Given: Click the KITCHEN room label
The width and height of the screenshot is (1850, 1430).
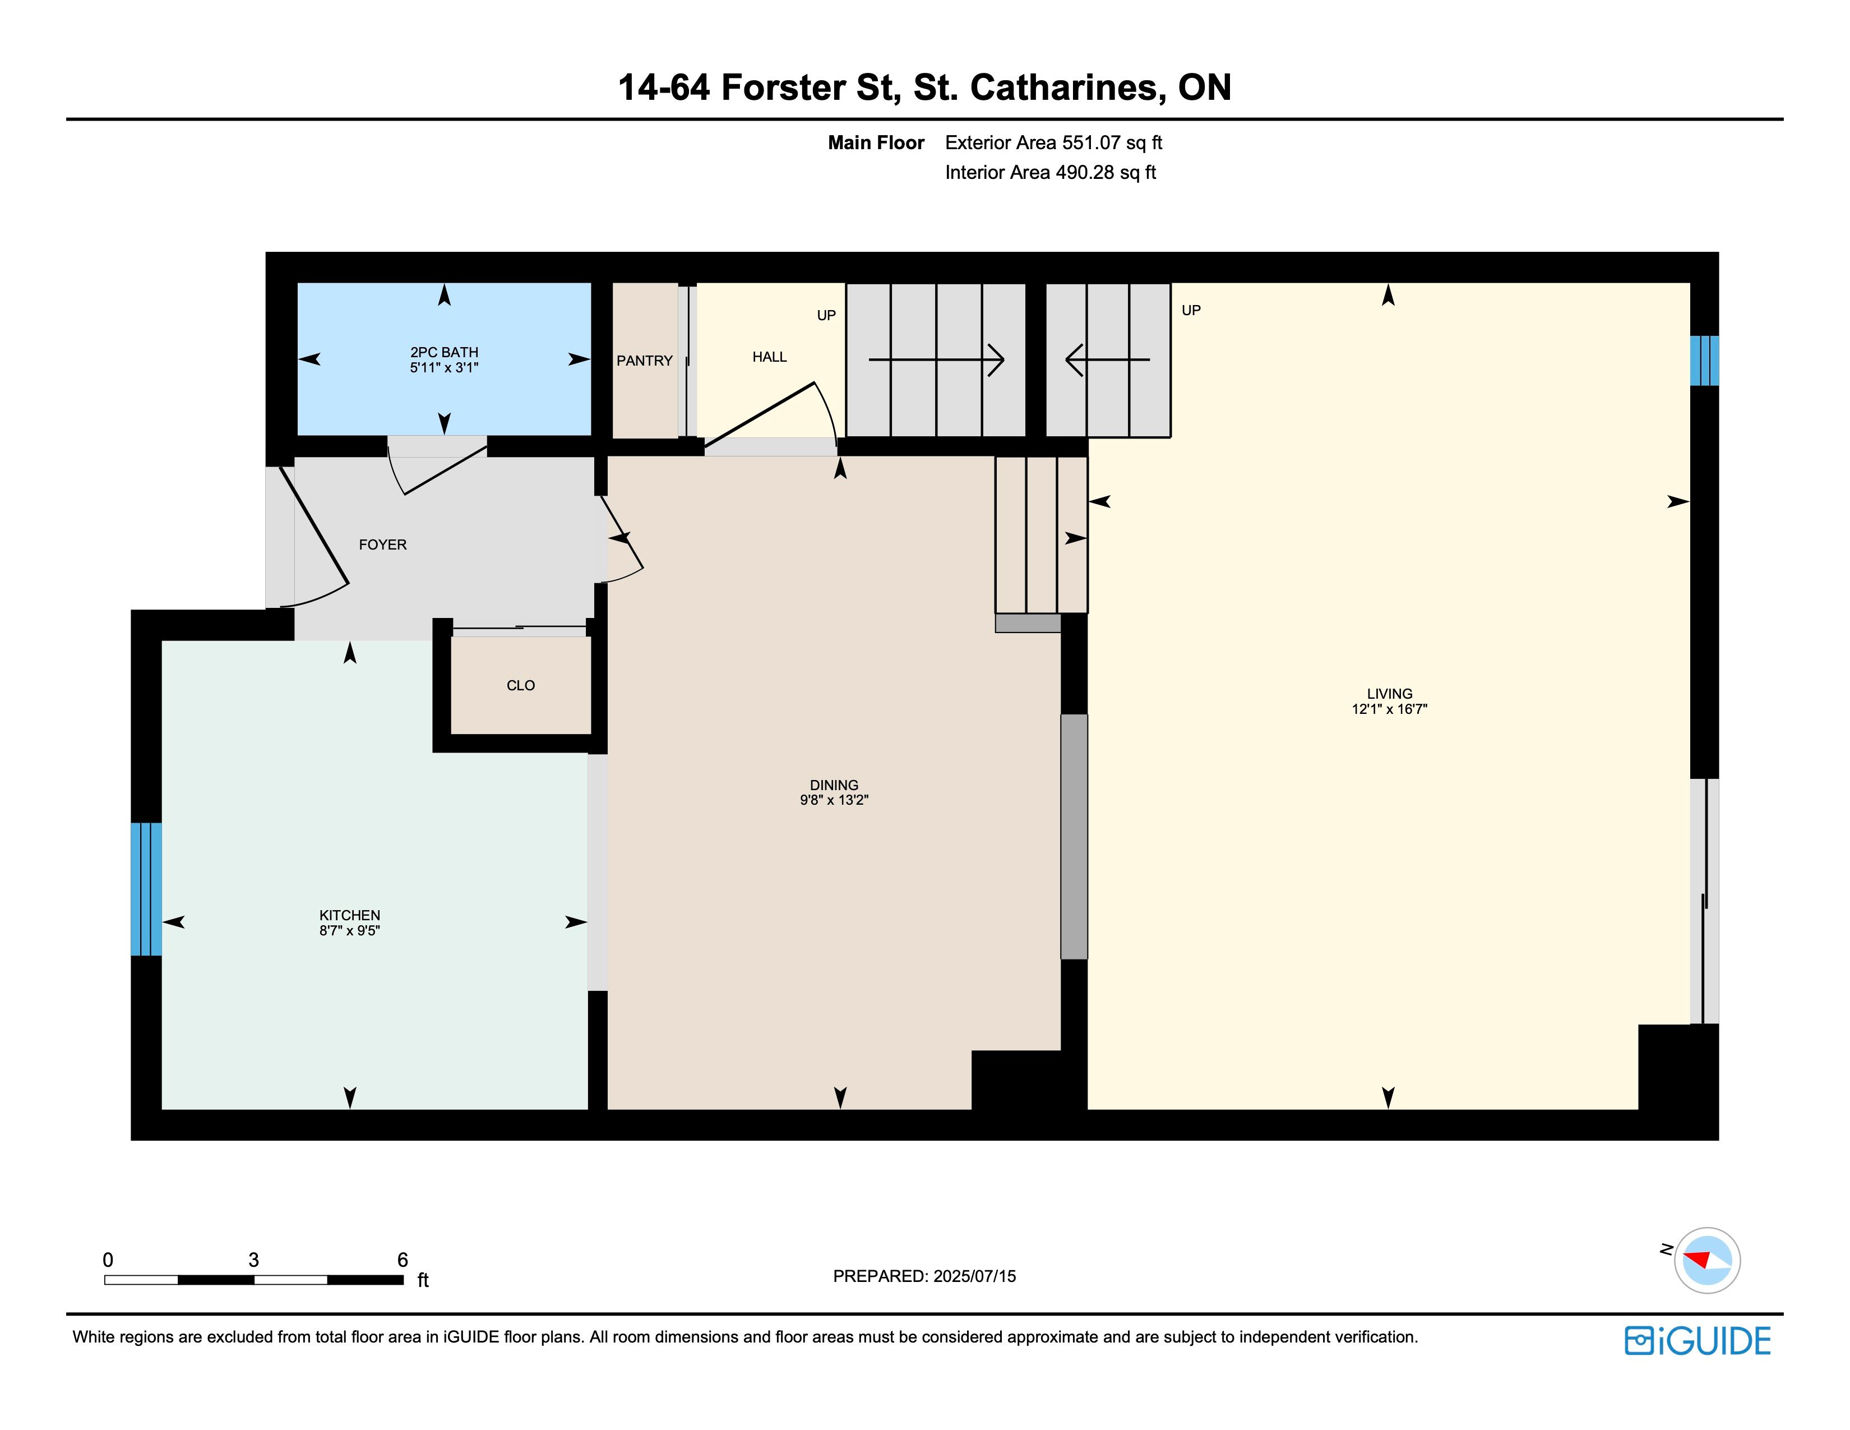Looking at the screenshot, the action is point(349,915).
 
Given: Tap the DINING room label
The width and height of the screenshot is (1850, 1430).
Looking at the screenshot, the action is point(834,785).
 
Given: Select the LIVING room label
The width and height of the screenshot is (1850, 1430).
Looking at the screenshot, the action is point(1389,694).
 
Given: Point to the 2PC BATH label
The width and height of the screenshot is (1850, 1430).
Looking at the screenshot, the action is point(444,352).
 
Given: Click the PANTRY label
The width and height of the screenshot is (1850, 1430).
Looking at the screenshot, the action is point(645,361).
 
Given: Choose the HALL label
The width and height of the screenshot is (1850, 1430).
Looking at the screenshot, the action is point(769,357).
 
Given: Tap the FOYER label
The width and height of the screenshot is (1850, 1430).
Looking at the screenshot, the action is point(383,545).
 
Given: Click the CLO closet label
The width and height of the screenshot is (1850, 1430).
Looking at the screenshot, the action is point(520,685).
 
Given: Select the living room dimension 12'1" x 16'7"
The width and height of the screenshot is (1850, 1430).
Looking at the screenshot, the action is point(1389,709).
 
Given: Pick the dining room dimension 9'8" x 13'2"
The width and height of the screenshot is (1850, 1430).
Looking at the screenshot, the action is point(834,800).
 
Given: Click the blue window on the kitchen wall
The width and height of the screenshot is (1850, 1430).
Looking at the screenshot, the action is point(146,889).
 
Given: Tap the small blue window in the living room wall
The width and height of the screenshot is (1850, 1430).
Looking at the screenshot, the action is point(1704,361).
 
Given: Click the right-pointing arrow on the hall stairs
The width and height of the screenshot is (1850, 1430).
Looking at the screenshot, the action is point(936,360).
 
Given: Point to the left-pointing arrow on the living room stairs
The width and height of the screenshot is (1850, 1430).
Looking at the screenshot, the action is point(1107,360).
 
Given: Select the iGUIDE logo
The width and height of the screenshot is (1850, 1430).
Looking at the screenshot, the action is point(1698,1341).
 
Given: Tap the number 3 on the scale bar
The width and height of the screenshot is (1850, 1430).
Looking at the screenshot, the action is point(253,1260).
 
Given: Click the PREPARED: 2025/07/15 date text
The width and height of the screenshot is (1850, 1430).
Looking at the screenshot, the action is point(924,1276).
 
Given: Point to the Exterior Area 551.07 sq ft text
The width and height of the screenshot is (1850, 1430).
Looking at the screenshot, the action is point(1054,142).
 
